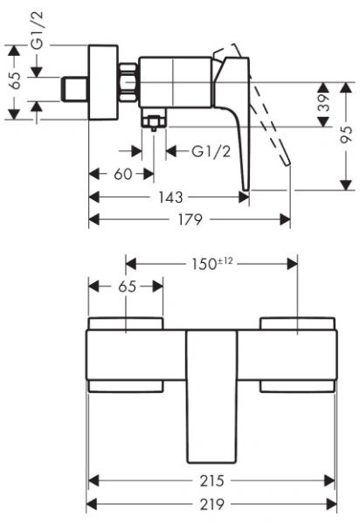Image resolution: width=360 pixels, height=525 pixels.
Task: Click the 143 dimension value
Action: tap(170, 197)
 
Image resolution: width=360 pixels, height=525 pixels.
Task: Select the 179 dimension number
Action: tap(190, 219)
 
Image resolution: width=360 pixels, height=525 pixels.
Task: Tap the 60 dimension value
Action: tap(123, 174)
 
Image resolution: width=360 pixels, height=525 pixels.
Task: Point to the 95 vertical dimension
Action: tap(346, 135)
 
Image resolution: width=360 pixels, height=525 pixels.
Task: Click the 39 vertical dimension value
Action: tap(323, 102)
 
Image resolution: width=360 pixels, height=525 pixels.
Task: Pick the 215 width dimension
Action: tap(212, 481)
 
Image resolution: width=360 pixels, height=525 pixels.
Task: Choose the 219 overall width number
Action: tap(212, 504)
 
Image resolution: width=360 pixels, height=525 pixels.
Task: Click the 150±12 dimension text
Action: tap(211, 264)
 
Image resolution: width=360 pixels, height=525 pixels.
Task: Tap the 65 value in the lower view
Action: tap(128, 287)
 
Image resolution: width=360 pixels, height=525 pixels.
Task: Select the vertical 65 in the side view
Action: tap(14, 80)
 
